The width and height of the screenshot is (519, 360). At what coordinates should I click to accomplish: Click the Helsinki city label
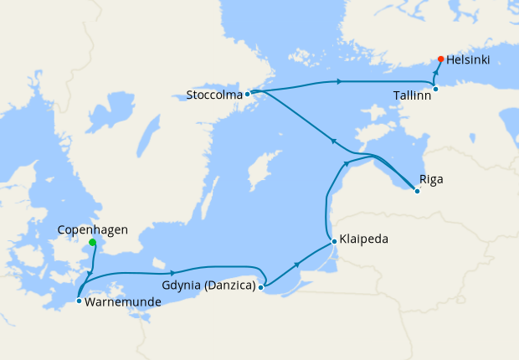[469, 60]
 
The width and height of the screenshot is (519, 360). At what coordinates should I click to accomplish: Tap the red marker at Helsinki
[441, 59]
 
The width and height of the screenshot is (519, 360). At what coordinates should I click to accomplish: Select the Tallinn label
[412, 95]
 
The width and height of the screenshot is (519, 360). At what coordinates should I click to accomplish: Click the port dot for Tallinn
[435, 89]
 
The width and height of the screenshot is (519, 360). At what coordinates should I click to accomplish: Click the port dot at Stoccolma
[247, 94]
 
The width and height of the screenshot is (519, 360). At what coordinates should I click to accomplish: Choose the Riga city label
[432, 179]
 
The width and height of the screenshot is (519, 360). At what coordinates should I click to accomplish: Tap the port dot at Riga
[417, 192]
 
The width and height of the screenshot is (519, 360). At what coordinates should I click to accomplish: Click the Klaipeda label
[364, 239]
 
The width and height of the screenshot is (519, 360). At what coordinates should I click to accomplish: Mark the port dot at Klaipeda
[334, 242]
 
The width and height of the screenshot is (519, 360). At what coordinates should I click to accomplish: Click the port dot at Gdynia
[261, 287]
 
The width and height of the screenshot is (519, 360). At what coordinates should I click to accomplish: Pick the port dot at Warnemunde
[78, 300]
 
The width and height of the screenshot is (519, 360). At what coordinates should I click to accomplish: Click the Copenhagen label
[92, 229]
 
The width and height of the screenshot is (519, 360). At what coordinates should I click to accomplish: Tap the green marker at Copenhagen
[92, 243]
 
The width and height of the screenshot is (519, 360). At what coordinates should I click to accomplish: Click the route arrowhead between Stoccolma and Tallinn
[338, 81]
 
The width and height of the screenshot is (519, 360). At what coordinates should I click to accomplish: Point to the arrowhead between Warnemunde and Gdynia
[172, 273]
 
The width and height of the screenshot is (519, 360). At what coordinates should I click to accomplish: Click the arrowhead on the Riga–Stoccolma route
[332, 141]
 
